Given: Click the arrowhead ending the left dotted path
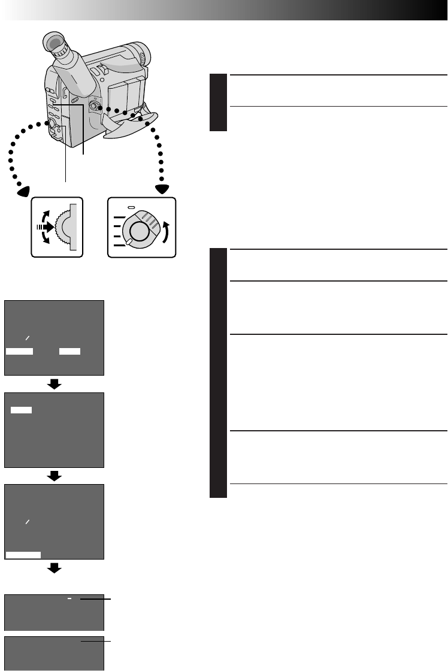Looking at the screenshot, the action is click(24, 191).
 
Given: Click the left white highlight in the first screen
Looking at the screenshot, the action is click(19, 352).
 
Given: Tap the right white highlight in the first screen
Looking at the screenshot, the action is click(69, 352).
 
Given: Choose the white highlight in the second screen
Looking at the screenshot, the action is click(22, 410).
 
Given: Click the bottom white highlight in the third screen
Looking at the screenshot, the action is click(23, 555).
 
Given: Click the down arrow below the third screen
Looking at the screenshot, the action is click(55, 568).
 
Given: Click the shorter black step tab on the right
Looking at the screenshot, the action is click(219, 102).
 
